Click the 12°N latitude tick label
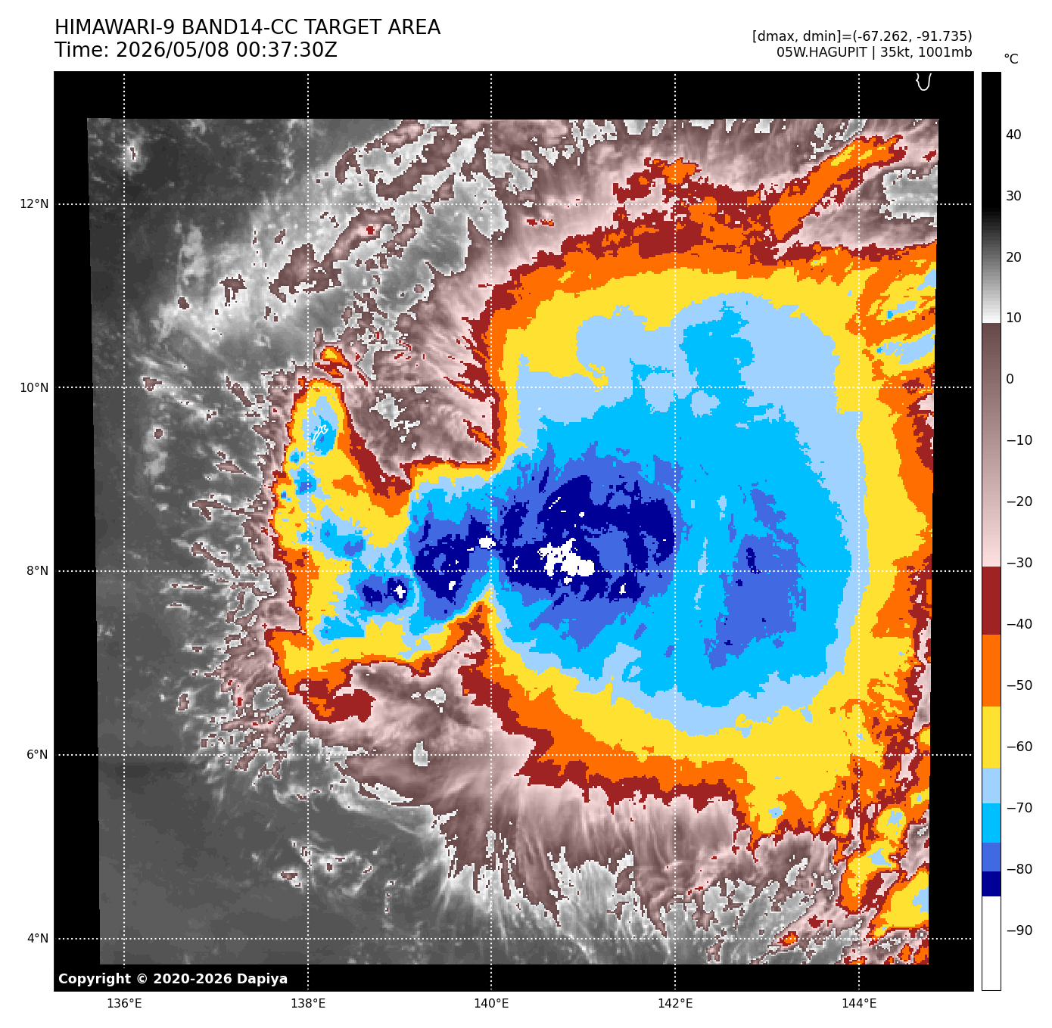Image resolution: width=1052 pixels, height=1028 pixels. click(x=34, y=204)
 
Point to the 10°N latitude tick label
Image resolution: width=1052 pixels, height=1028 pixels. click(x=34, y=388)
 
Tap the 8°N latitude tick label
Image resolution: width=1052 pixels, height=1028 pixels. click(x=37, y=571)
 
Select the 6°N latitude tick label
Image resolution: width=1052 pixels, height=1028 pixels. click(x=37, y=755)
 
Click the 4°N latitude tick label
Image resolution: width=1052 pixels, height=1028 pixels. click(x=37, y=938)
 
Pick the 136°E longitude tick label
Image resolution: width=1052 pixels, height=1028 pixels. click(x=124, y=1004)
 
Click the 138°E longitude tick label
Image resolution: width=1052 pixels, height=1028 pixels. click(x=308, y=1004)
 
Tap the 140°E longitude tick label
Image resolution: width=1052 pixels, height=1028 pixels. click(x=491, y=1004)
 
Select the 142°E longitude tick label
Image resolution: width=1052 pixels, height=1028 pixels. click(x=675, y=1004)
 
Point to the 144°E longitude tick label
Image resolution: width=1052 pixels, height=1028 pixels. click(x=859, y=1004)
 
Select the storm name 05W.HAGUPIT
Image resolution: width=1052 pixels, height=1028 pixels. click(x=822, y=52)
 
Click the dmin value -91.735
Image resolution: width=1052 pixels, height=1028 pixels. click(x=942, y=36)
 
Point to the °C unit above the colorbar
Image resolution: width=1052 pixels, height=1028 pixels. click(x=1011, y=59)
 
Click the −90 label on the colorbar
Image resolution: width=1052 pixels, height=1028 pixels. click(x=1019, y=930)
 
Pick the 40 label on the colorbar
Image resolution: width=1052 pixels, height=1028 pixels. click(x=1013, y=135)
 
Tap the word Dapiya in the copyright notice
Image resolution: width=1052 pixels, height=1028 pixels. click(x=262, y=979)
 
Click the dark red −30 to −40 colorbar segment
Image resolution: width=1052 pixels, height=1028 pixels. click(x=991, y=600)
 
